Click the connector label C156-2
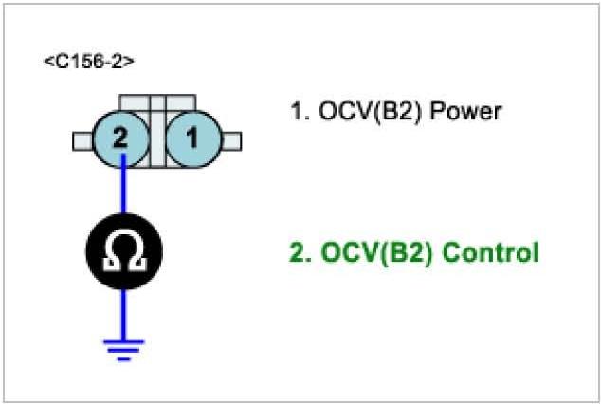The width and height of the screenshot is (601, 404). [x=89, y=63]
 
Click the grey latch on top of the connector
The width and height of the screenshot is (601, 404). [x=157, y=102]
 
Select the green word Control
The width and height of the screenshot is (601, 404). [x=491, y=253]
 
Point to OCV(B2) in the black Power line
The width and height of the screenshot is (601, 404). [x=370, y=112]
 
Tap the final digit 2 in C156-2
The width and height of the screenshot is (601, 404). [x=123, y=63]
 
